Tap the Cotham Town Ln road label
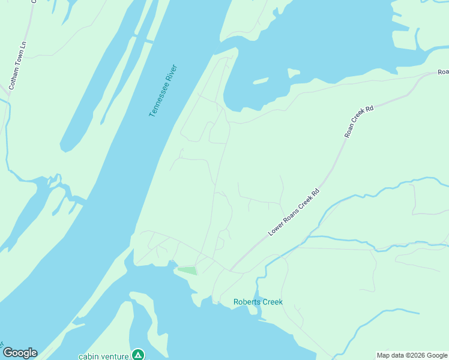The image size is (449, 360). click(17, 66)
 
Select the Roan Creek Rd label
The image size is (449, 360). click(360, 122)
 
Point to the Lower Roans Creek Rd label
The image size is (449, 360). click(294, 212)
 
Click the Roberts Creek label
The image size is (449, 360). click(258, 302)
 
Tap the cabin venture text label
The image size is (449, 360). click(104, 356)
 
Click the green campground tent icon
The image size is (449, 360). click(139, 355)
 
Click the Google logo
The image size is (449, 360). click(19, 353)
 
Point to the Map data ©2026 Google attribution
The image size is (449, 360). click(412, 355)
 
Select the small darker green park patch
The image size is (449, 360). click(187, 271)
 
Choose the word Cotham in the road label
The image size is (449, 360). click(13, 78)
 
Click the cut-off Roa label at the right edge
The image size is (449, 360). click(442, 73)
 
